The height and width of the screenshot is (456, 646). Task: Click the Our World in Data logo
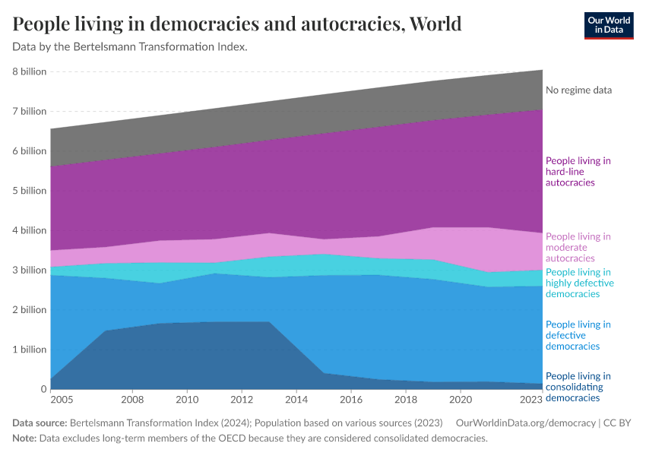pos(608,24)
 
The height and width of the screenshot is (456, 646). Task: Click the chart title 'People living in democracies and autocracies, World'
pos(237,24)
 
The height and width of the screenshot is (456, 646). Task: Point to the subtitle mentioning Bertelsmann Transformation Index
pos(130,47)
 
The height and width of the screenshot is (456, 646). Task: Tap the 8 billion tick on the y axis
pos(29,71)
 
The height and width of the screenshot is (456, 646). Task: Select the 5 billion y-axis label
pos(29,191)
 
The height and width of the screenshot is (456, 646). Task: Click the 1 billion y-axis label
pos(29,350)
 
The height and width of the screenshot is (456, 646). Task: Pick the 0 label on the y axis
pos(43,389)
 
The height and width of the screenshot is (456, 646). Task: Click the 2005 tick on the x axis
pos(62,399)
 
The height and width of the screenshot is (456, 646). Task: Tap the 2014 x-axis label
pos(296,399)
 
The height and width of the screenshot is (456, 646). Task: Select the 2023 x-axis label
pos(531,399)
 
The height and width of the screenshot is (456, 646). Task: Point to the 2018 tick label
pos(406,399)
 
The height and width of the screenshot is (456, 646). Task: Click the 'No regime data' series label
pos(578,90)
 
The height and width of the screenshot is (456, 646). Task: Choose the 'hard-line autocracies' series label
pos(578,172)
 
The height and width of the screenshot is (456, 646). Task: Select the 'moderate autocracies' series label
pos(578,248)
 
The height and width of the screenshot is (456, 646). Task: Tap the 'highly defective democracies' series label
pos(579,283)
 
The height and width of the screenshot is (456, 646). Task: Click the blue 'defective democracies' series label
pos(578,335)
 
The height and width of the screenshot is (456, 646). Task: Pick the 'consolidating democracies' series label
pos(578,387)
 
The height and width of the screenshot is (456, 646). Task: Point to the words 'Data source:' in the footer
pos(40,423)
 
